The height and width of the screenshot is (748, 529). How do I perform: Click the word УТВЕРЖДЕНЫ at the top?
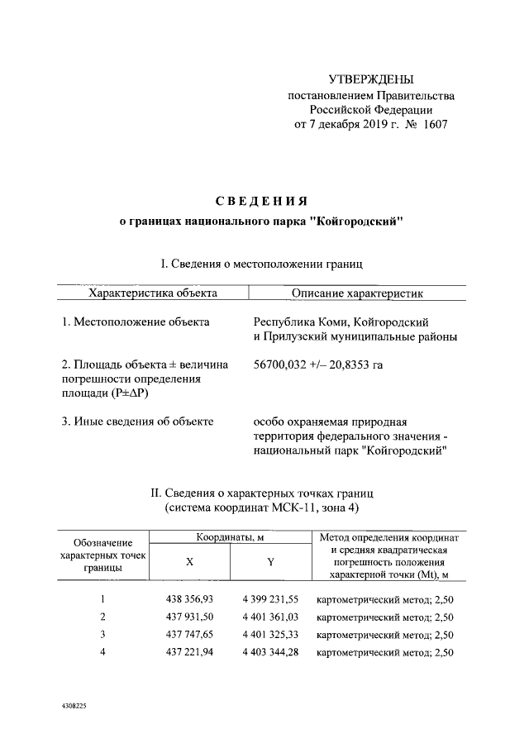tap(370, 79)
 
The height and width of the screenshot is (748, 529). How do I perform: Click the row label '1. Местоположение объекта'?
tap(136, 321)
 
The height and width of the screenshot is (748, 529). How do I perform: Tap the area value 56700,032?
tap(284, 364)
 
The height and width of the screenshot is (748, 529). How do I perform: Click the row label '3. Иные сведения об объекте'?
tap(138, 421)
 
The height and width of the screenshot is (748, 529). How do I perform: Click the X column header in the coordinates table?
tap(189, 561)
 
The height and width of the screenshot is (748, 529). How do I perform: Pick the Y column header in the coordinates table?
tap(270, 561)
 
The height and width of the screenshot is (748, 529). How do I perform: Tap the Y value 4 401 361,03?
tap(270, 617)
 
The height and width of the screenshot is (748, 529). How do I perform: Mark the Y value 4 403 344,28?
tap(270, 653)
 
